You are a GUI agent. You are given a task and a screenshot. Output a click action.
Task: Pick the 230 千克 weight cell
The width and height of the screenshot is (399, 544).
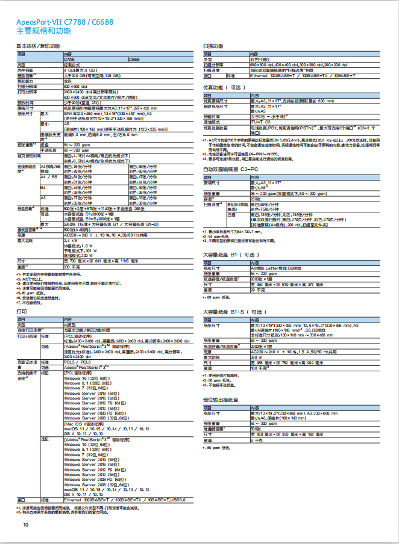coord(71,267)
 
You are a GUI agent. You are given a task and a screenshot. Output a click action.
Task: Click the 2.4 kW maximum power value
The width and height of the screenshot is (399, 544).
coord(70,241)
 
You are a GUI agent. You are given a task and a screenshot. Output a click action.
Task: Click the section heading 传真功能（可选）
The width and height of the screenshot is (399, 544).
coord(224,87)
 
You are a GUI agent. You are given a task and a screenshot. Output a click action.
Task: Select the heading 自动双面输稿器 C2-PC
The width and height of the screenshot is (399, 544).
coord(230,170)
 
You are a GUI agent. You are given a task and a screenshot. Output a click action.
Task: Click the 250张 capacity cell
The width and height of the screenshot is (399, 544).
coord(256,199)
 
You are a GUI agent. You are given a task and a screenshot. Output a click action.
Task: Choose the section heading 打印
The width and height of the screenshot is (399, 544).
coord(20,314)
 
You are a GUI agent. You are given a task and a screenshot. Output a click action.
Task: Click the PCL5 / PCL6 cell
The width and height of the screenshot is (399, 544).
coord(77,362)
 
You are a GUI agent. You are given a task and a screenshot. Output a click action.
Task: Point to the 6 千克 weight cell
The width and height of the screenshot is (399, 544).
coord(256,441)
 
